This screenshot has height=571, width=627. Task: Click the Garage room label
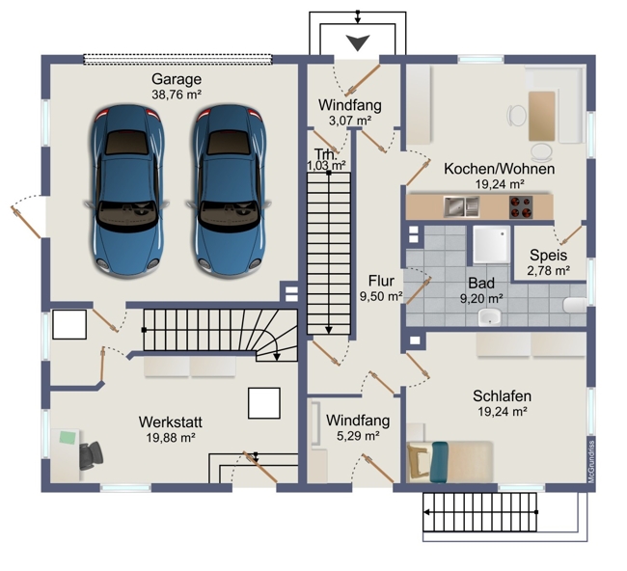click(177, 79)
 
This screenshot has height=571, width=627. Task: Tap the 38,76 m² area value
click(177, 95)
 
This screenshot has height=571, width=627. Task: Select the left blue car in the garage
click(127, 190)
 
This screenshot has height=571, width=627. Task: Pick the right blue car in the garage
click(229, 190)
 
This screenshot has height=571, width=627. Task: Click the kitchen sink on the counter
click(461, 206)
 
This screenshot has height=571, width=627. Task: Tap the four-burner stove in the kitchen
click(521, 206)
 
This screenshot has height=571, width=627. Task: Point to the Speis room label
click(548, 255)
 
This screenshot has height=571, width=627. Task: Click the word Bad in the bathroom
click(481, 284)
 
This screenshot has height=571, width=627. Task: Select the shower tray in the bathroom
click(491, 245)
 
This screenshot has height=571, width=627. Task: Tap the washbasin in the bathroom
click(489, 317)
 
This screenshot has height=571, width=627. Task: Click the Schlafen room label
click(503, 395)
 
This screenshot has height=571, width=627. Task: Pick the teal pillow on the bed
click(439, 462)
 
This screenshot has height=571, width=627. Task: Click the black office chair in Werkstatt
click(91, 455)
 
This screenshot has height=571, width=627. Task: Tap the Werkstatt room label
click(171, 421)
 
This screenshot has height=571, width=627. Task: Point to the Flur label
click(381, 281)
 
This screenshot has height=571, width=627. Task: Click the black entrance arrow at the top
click(358, 42)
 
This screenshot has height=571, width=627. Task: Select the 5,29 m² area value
click(358, 435)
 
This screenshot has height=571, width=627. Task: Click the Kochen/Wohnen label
click(500, 169)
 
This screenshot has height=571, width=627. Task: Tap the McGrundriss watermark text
click(592, 461)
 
